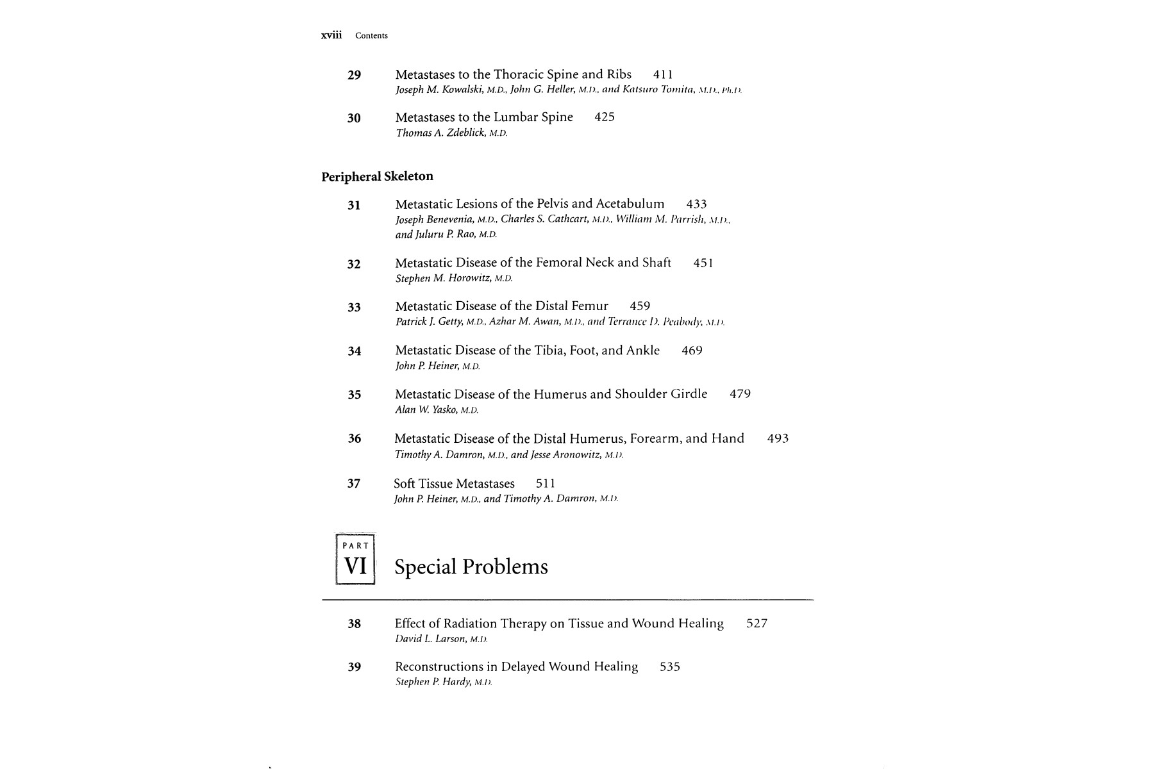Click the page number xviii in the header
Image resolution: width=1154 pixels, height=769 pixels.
click(331, 35)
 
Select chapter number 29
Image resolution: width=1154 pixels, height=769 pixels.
click(354, 75)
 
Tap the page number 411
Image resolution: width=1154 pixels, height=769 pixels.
click(662, 75)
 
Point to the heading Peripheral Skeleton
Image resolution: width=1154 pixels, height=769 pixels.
click(377, 176)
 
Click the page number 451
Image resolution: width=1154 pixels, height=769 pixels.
click(703, 263)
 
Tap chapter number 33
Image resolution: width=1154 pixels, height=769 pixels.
click(354, 308)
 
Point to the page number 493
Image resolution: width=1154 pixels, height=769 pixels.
click(778, 439)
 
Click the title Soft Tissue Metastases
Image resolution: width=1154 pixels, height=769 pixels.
click(454, 484)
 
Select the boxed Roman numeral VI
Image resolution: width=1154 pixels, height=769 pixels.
click(355, 566)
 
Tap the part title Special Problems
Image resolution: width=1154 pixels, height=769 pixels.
click(471, 567)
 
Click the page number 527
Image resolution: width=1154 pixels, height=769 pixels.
click(757, 624)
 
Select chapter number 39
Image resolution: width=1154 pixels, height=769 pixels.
click(354, 667)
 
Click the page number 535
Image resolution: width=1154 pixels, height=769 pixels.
click(669, 667)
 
